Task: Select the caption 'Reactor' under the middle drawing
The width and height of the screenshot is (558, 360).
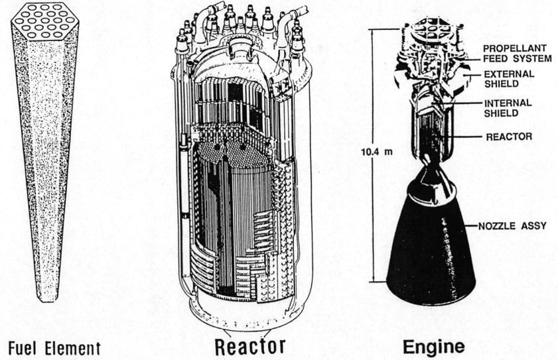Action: [251, 345]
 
